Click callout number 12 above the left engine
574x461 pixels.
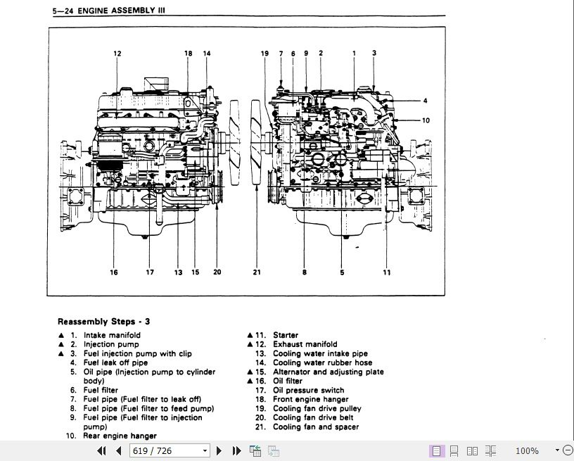(117, 53)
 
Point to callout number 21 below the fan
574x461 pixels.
(257, 272)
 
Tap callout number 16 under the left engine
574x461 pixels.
(114, 272)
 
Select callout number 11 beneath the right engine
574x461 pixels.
(387, 272)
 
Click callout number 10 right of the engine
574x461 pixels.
(426, 120)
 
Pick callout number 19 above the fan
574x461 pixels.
(265, 53)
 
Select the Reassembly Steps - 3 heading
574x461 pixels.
(103, 322)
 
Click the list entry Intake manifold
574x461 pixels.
(112, 335)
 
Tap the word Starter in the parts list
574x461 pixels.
(286, 335)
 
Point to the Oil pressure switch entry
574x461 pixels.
(308, 390)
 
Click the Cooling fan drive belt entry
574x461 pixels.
(313, 417)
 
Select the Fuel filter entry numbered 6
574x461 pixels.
(101, 390)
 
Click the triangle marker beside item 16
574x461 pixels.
(250, 381)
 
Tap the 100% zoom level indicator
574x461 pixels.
(527, 450)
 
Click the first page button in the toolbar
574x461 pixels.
(101, 450)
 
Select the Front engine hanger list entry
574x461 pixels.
(310, 399)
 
